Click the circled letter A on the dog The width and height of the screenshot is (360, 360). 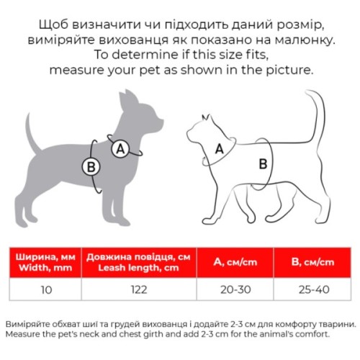click(121, 148)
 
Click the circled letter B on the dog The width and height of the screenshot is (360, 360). click(91, 167)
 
